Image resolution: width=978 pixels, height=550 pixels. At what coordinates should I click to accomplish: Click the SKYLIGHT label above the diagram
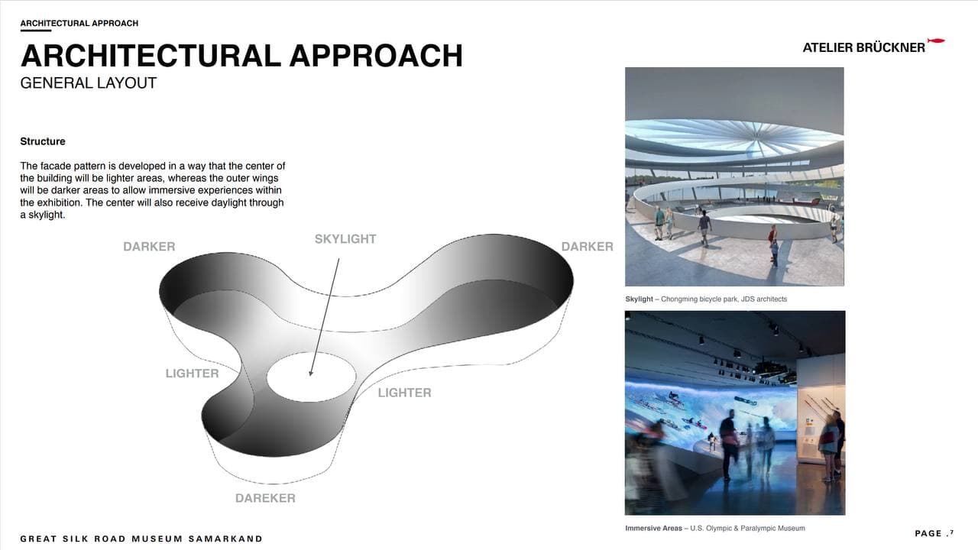(345, 239)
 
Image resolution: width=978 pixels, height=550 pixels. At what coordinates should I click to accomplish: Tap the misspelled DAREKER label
(265, 498)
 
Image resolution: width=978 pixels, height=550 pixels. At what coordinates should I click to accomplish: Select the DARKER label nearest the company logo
(588, 247)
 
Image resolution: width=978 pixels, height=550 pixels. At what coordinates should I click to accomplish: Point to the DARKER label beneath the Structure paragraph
(149, 247)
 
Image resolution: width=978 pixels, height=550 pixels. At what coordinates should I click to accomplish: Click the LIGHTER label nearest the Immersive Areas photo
(405, 393)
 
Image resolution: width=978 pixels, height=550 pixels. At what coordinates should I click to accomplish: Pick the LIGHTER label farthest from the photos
(192, 374)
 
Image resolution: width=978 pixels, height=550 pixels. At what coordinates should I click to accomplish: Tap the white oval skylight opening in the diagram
(311, 377)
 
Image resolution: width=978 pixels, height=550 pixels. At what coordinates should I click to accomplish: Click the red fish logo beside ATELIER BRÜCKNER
(936, 41)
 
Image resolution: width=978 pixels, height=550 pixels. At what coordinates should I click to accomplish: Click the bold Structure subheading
(43, 141)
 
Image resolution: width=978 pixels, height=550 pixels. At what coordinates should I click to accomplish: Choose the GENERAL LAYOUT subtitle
(88, 83)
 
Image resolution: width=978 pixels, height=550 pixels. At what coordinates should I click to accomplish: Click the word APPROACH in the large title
(376, 56)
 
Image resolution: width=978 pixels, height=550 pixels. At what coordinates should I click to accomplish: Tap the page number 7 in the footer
(952, 532)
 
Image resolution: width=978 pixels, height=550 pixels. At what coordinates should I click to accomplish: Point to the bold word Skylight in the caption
(640, 299)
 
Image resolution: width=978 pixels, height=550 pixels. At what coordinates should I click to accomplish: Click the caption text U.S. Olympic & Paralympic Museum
(747, 528)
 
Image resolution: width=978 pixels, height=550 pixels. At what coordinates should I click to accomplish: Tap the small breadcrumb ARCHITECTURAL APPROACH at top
(79, 23)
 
